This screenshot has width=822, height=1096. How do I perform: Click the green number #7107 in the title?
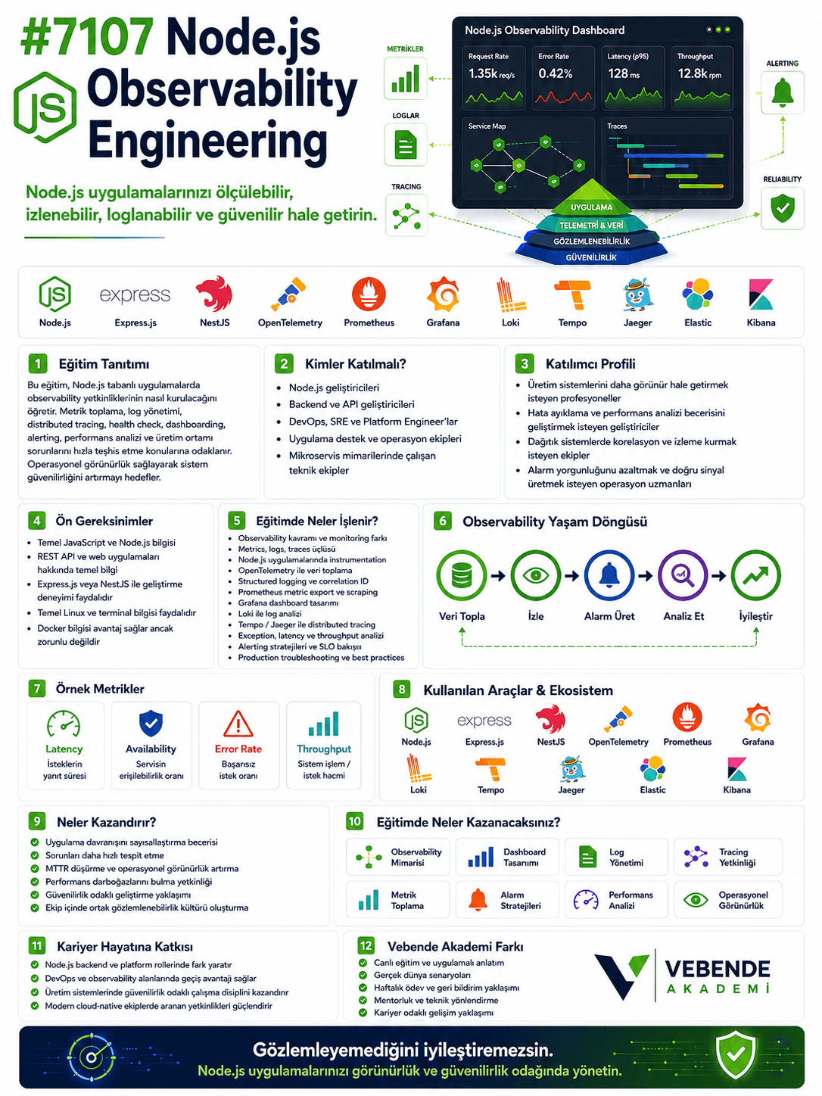click(x=87, y=36)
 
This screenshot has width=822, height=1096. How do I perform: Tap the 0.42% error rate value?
click(x=555, y=74)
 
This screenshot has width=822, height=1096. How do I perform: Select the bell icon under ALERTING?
click(x=782, y=92)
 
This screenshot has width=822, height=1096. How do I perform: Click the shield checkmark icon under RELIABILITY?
click(x=782, y=208)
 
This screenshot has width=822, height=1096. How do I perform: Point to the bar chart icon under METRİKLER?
click(x=405, y=79)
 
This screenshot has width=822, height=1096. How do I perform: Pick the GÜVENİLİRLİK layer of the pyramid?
click(x=591, y=257)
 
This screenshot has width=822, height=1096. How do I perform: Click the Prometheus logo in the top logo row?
click(x=369, y=294)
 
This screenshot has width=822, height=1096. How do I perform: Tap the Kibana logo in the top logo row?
click(x=761, y=294)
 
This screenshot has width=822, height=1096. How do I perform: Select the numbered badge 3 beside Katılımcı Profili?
click(x=524, y=363)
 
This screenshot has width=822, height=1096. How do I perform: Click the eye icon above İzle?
click(x=536, y=575)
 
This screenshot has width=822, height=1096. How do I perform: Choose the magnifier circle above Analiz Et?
click(x=683, y=575)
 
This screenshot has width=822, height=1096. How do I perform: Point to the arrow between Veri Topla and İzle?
click(x=498, y=576)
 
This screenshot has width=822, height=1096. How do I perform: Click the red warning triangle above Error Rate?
click(x=238, y=724)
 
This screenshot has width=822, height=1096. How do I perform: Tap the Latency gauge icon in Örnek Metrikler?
click(x=64, y=724)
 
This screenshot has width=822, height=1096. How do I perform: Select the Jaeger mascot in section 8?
click(x=571, y=768)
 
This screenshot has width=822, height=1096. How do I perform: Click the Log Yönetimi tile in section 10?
click(x=616, y=857)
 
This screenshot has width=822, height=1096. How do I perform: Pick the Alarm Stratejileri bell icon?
click(x=478, y=900)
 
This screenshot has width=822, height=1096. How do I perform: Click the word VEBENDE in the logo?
click(x=718, y=969)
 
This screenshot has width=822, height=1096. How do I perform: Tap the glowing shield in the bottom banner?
click(x=735, y=1055)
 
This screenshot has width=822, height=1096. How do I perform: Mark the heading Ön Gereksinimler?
click(x=104, y=521)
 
